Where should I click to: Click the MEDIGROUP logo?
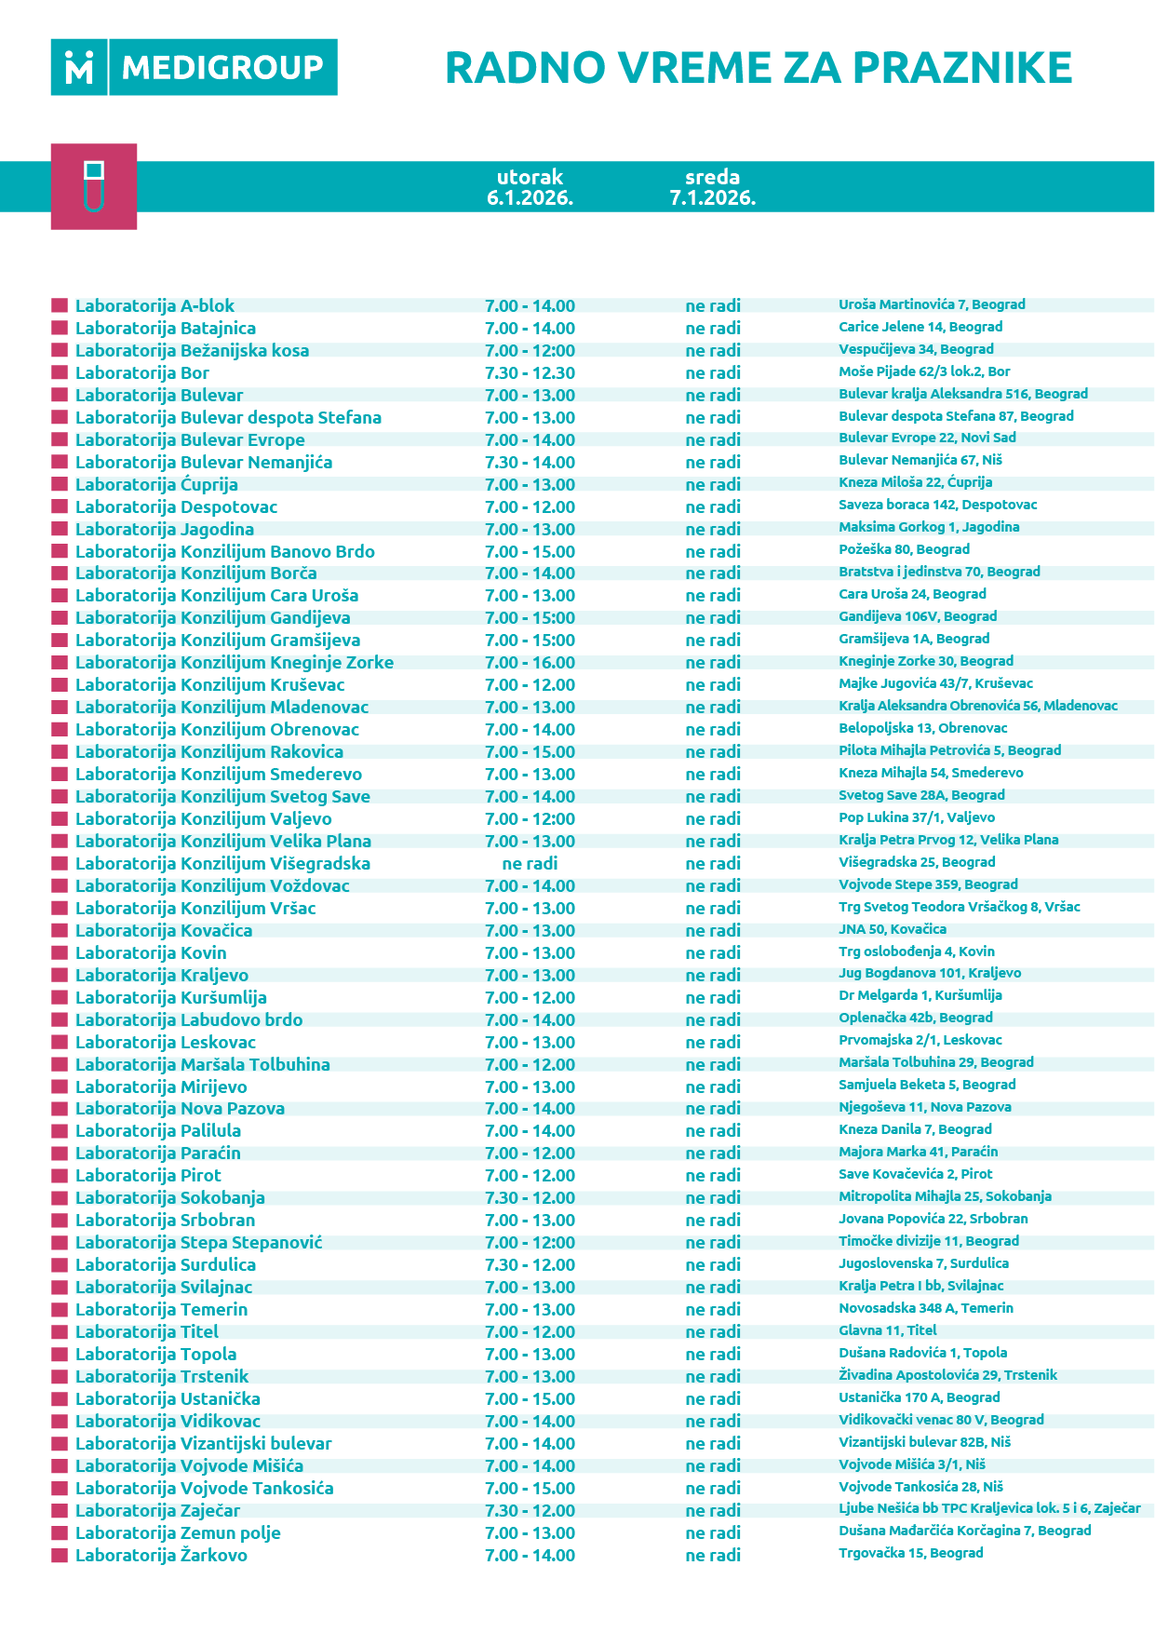click(194, 67)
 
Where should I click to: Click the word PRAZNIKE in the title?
click(962, 68)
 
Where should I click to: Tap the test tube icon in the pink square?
click(93, 186)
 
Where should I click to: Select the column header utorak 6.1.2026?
click(530, 187)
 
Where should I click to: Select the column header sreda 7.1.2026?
click(712, 187)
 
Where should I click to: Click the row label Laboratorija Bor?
click(142, 373)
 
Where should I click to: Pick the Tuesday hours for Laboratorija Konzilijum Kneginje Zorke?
click(530, 663)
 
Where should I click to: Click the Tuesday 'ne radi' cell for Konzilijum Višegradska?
click(530, 864)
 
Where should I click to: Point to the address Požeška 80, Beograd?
click(904, 549)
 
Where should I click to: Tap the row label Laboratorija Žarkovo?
click(161, 1556)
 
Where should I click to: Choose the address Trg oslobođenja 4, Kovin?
click(916, 951)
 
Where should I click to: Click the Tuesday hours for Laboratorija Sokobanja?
click(530, 1198)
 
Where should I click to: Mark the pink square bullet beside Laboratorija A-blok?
click(60, 305)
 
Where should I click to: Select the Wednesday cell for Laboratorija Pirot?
click(713, 1176)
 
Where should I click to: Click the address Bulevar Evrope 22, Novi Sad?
click(927, 438)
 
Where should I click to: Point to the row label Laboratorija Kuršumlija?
click(170, 998)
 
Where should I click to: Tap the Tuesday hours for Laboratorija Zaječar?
click(530, 1511)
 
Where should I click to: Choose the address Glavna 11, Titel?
click(887, 1330)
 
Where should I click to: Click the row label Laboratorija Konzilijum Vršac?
click(195, 909)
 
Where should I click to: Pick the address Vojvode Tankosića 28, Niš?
click(920, 1487)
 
